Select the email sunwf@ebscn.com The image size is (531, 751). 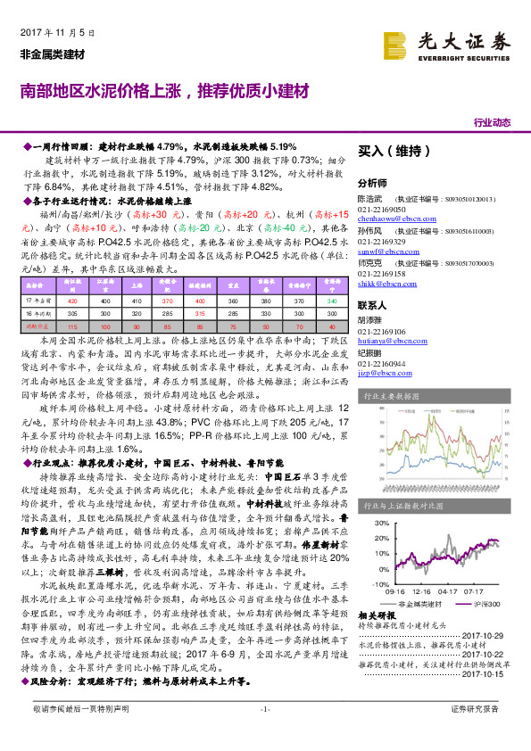click(x=382, y=253)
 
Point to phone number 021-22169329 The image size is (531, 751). click(x=381, y=242)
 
